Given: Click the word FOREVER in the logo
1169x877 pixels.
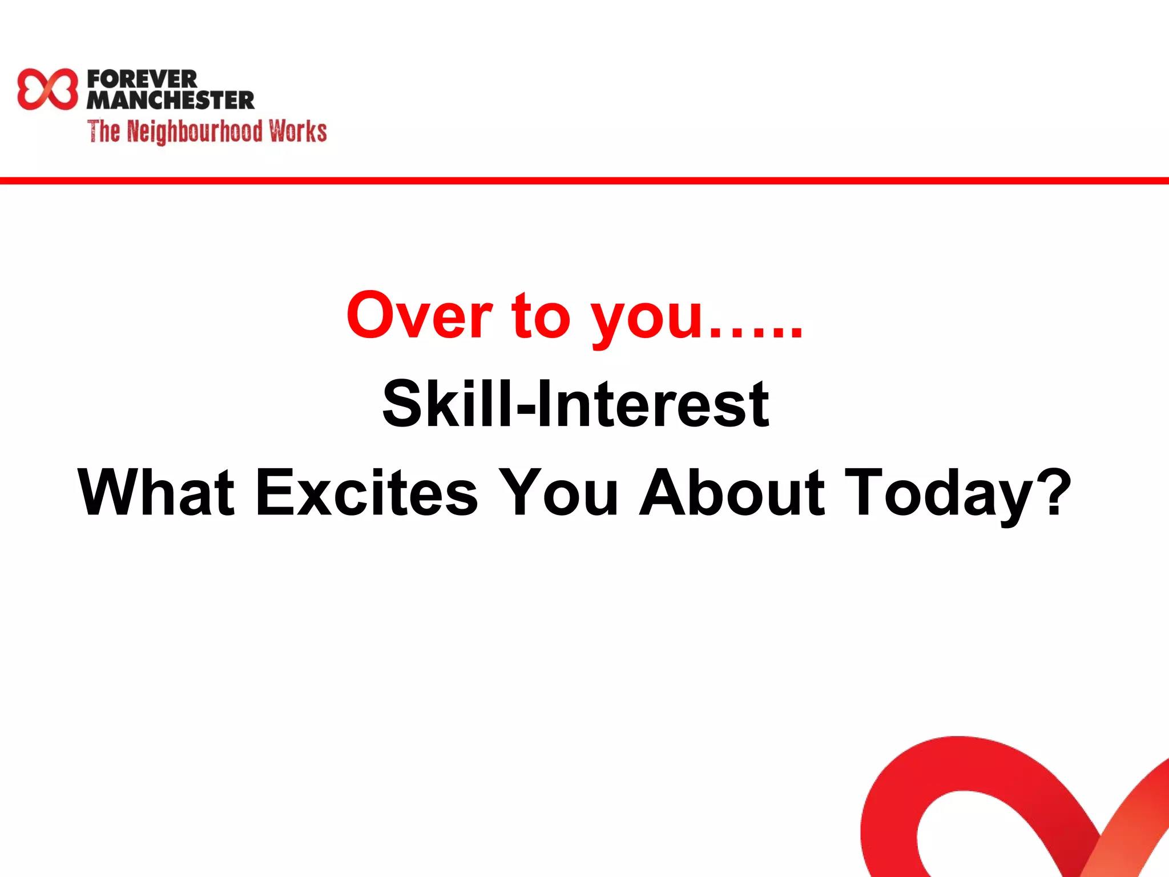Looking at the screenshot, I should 142,79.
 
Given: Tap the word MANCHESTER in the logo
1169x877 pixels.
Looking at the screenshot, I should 170,100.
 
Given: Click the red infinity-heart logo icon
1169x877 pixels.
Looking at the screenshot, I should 47,89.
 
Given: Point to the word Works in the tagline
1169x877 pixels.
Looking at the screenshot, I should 298,131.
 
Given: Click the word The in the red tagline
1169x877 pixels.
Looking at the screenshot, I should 103,131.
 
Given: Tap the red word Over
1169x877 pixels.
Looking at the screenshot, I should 419,316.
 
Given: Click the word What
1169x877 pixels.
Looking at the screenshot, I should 156,492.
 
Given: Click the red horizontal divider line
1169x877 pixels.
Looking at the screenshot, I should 584,181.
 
